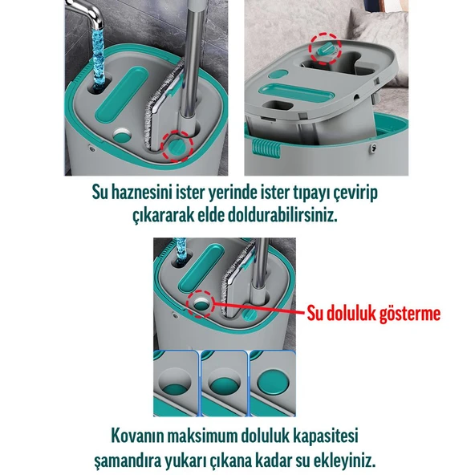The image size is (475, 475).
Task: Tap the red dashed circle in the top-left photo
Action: click(x=177, y=145)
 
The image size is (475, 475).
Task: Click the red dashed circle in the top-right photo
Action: click(x=324, y=49)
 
